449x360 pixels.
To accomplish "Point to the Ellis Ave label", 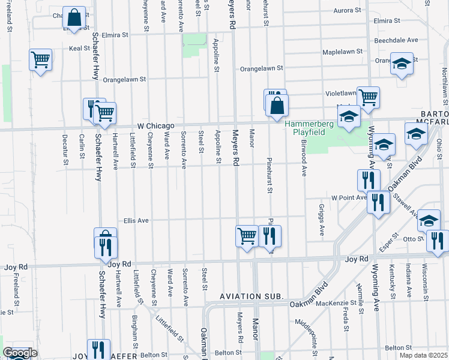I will [136, 220].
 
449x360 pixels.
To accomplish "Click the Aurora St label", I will [343, 11].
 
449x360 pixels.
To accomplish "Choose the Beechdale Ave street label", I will [396, 40].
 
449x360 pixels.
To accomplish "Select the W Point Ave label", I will [349, 197].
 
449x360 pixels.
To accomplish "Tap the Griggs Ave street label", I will [322, 222].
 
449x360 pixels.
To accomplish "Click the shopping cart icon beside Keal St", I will [40, 59].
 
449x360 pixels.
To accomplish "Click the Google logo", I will [20, 353].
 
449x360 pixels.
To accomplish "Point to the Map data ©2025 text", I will [424, 355].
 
